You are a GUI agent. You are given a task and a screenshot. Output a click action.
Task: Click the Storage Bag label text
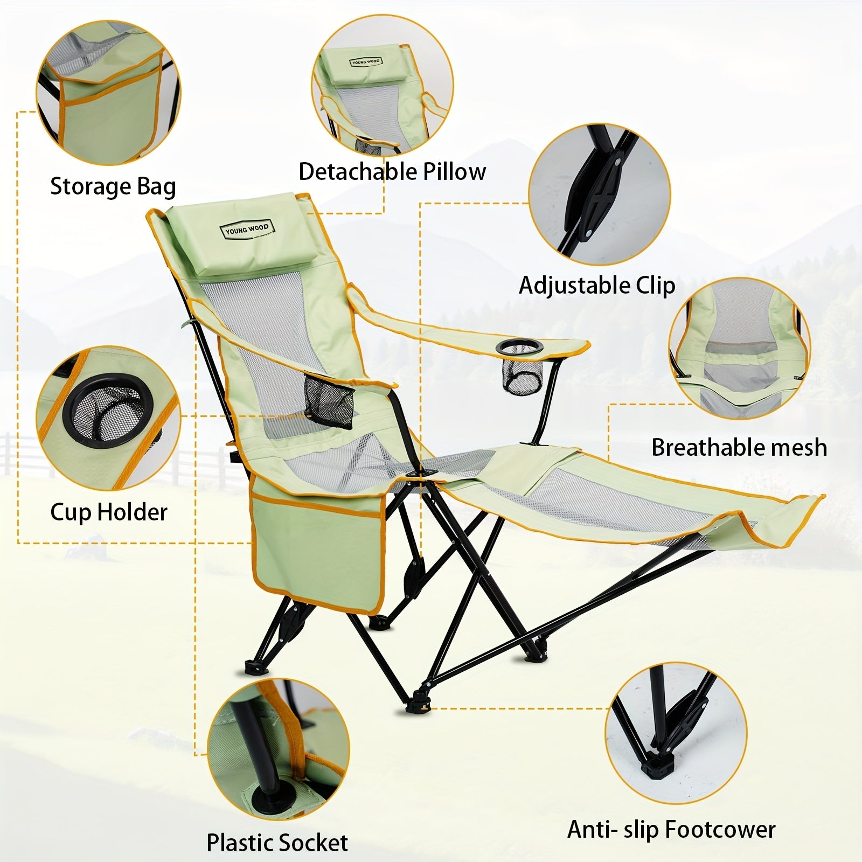(113, 187)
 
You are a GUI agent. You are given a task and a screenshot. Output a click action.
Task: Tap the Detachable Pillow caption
(392, 172)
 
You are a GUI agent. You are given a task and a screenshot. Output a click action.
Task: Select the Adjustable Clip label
(597, 286)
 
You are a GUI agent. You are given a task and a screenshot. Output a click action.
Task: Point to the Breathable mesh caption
(739, 447)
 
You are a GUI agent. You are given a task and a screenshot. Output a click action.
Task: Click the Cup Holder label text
(109, 512)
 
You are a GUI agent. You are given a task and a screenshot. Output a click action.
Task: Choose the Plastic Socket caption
(277, 842)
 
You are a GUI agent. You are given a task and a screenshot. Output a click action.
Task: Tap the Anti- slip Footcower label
(671, 830)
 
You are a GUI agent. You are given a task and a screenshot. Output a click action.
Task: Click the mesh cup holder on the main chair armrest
(520, 371)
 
